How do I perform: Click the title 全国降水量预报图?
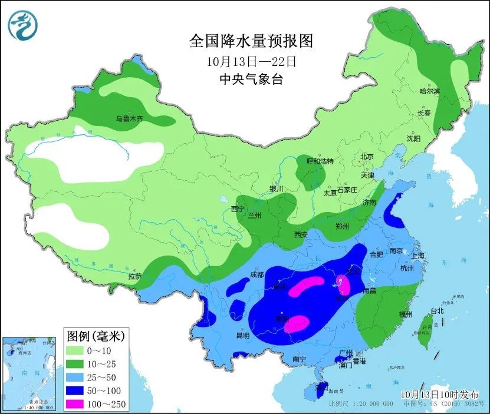(251, 41)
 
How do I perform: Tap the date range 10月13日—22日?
(251, 61)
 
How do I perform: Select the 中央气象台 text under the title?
(251, 80)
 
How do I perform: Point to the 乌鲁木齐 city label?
(129, 119)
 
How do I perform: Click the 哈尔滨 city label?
(429, 91)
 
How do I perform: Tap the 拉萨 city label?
(134, 276)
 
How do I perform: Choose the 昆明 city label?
(242, 336)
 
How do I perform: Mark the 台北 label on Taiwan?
(436, 310)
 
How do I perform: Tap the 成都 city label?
(256, 274)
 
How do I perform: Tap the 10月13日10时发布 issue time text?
(440, 394)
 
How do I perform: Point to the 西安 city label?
(301, 234)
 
